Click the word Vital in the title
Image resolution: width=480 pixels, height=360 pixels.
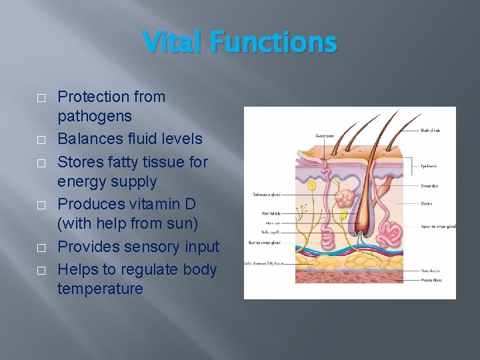pos(173,43)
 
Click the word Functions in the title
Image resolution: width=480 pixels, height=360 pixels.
pos(273,43)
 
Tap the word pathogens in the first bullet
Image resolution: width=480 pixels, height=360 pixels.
pos(95,117)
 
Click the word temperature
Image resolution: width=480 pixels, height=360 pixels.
pos(100,289)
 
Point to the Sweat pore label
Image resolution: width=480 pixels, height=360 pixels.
pos(325,135)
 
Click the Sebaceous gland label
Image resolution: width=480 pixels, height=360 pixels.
pos(267,195)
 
